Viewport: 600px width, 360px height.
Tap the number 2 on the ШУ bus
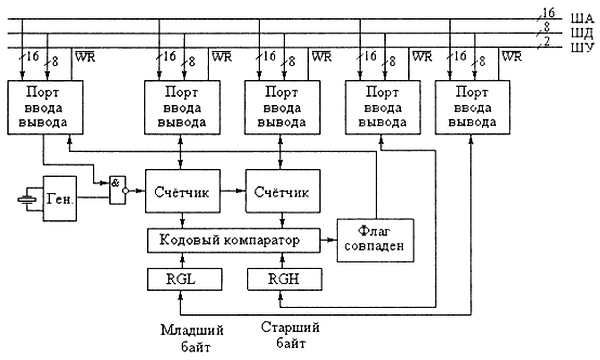[545, 41]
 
